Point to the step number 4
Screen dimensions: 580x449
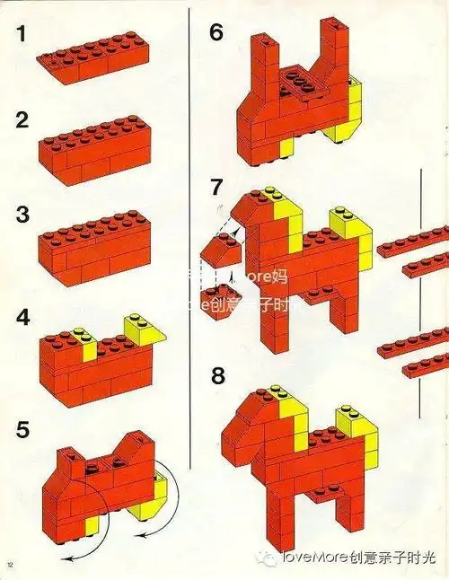point(22,318)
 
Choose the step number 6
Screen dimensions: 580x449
point(216,33)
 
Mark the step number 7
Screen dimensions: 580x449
point(216,187)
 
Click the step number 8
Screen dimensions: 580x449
point(216,375)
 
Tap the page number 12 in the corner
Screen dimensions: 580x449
point(10,564)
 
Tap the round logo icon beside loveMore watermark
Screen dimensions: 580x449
point(269,558)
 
